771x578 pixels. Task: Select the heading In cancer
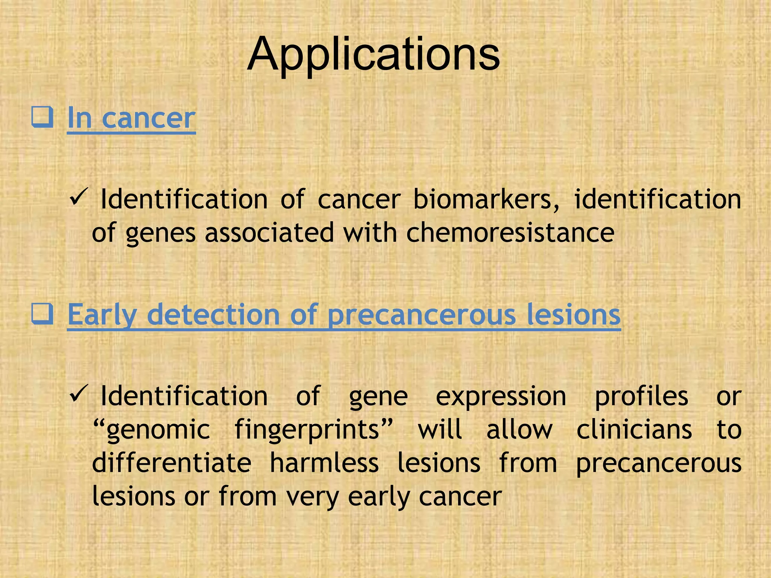click(x=131, y=118)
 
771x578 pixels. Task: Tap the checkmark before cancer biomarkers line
click(x=79, y=196)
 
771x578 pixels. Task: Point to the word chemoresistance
click(x=510, y=233)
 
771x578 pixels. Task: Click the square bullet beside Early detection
click(x=42, y=314)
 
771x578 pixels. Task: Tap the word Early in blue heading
click(x=102, y=315)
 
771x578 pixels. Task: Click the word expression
click(x=501, y=397)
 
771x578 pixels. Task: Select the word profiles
click(x=641, y=397)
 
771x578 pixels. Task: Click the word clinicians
click(x=634, y=429)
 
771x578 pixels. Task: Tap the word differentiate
click(x=172, y=462)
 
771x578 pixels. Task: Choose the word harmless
click(x=324, y=462)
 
